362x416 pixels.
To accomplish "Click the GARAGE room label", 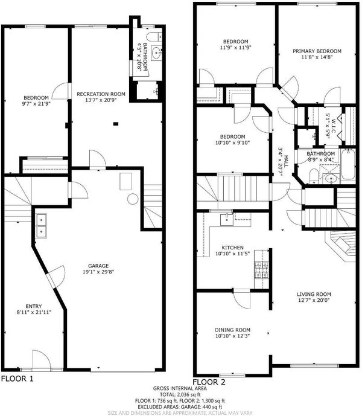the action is tap(98, 266).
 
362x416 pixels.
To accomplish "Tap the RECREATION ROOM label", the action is tap(101, 94).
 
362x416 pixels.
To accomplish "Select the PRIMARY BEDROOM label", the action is tap(317, 51).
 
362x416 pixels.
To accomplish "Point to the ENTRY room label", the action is tap(34, 306).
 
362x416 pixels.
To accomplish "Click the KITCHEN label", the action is tap(232, 248).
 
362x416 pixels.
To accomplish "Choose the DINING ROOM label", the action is tap(232, 330).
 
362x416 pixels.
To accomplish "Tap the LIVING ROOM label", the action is tap(314, 294).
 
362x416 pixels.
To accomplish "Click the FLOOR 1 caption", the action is tap(17, 379).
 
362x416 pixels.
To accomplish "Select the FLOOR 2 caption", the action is tap(209, 382).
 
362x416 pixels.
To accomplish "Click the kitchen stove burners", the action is tap(261, 270).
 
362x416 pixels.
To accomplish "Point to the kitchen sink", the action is tap(227, 219).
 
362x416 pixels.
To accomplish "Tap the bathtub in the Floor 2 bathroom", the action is tap(348, 164).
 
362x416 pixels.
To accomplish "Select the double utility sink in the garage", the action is tap(42, 226).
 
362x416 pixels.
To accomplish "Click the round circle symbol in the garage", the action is tap(133, 199).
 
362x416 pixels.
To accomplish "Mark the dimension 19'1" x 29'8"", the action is tap(98, 272).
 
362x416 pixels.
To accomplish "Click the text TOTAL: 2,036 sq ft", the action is tap(180, 394).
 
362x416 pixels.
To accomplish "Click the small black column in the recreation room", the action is tap(116, 123).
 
